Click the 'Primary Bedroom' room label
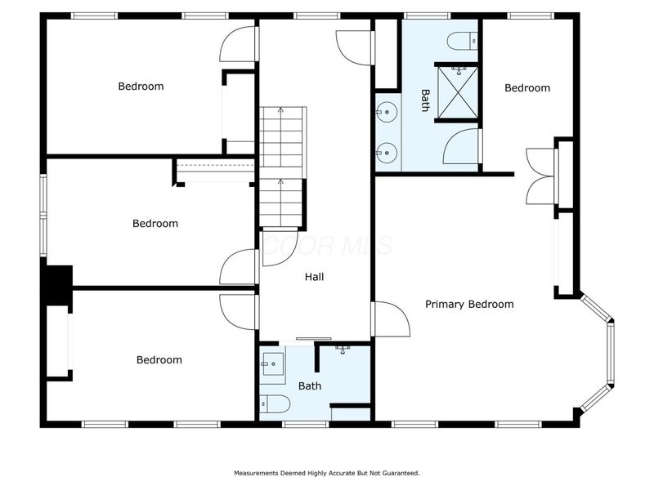tap(469, 305)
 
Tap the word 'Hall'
tap(314, 277)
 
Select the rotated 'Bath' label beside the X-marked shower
tap(425, 100)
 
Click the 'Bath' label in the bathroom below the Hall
tap(310, 386)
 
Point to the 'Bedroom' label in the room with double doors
tap(526, 88)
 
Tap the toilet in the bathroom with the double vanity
tap(462, 40)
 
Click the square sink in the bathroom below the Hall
tap(272, 368)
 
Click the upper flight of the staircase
tap(282, 135)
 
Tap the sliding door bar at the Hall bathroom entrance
tap(314, 339)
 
